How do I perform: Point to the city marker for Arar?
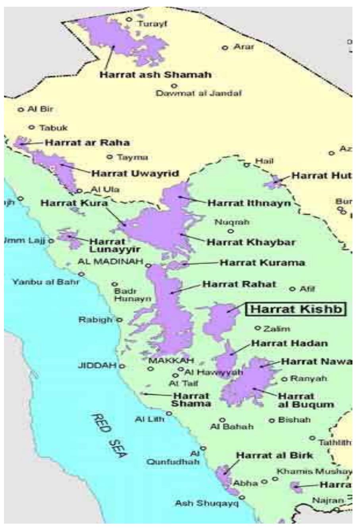click(225, 48)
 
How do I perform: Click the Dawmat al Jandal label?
click(199, 94)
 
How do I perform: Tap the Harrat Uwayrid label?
click(135, 173)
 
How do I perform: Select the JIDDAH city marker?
click(122, 365)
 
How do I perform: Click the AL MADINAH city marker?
click(148, 265)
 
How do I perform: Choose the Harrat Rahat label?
click(239, 285)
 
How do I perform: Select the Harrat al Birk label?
click(274, 455)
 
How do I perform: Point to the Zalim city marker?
click(257, 328)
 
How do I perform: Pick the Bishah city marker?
click(272, 420)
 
